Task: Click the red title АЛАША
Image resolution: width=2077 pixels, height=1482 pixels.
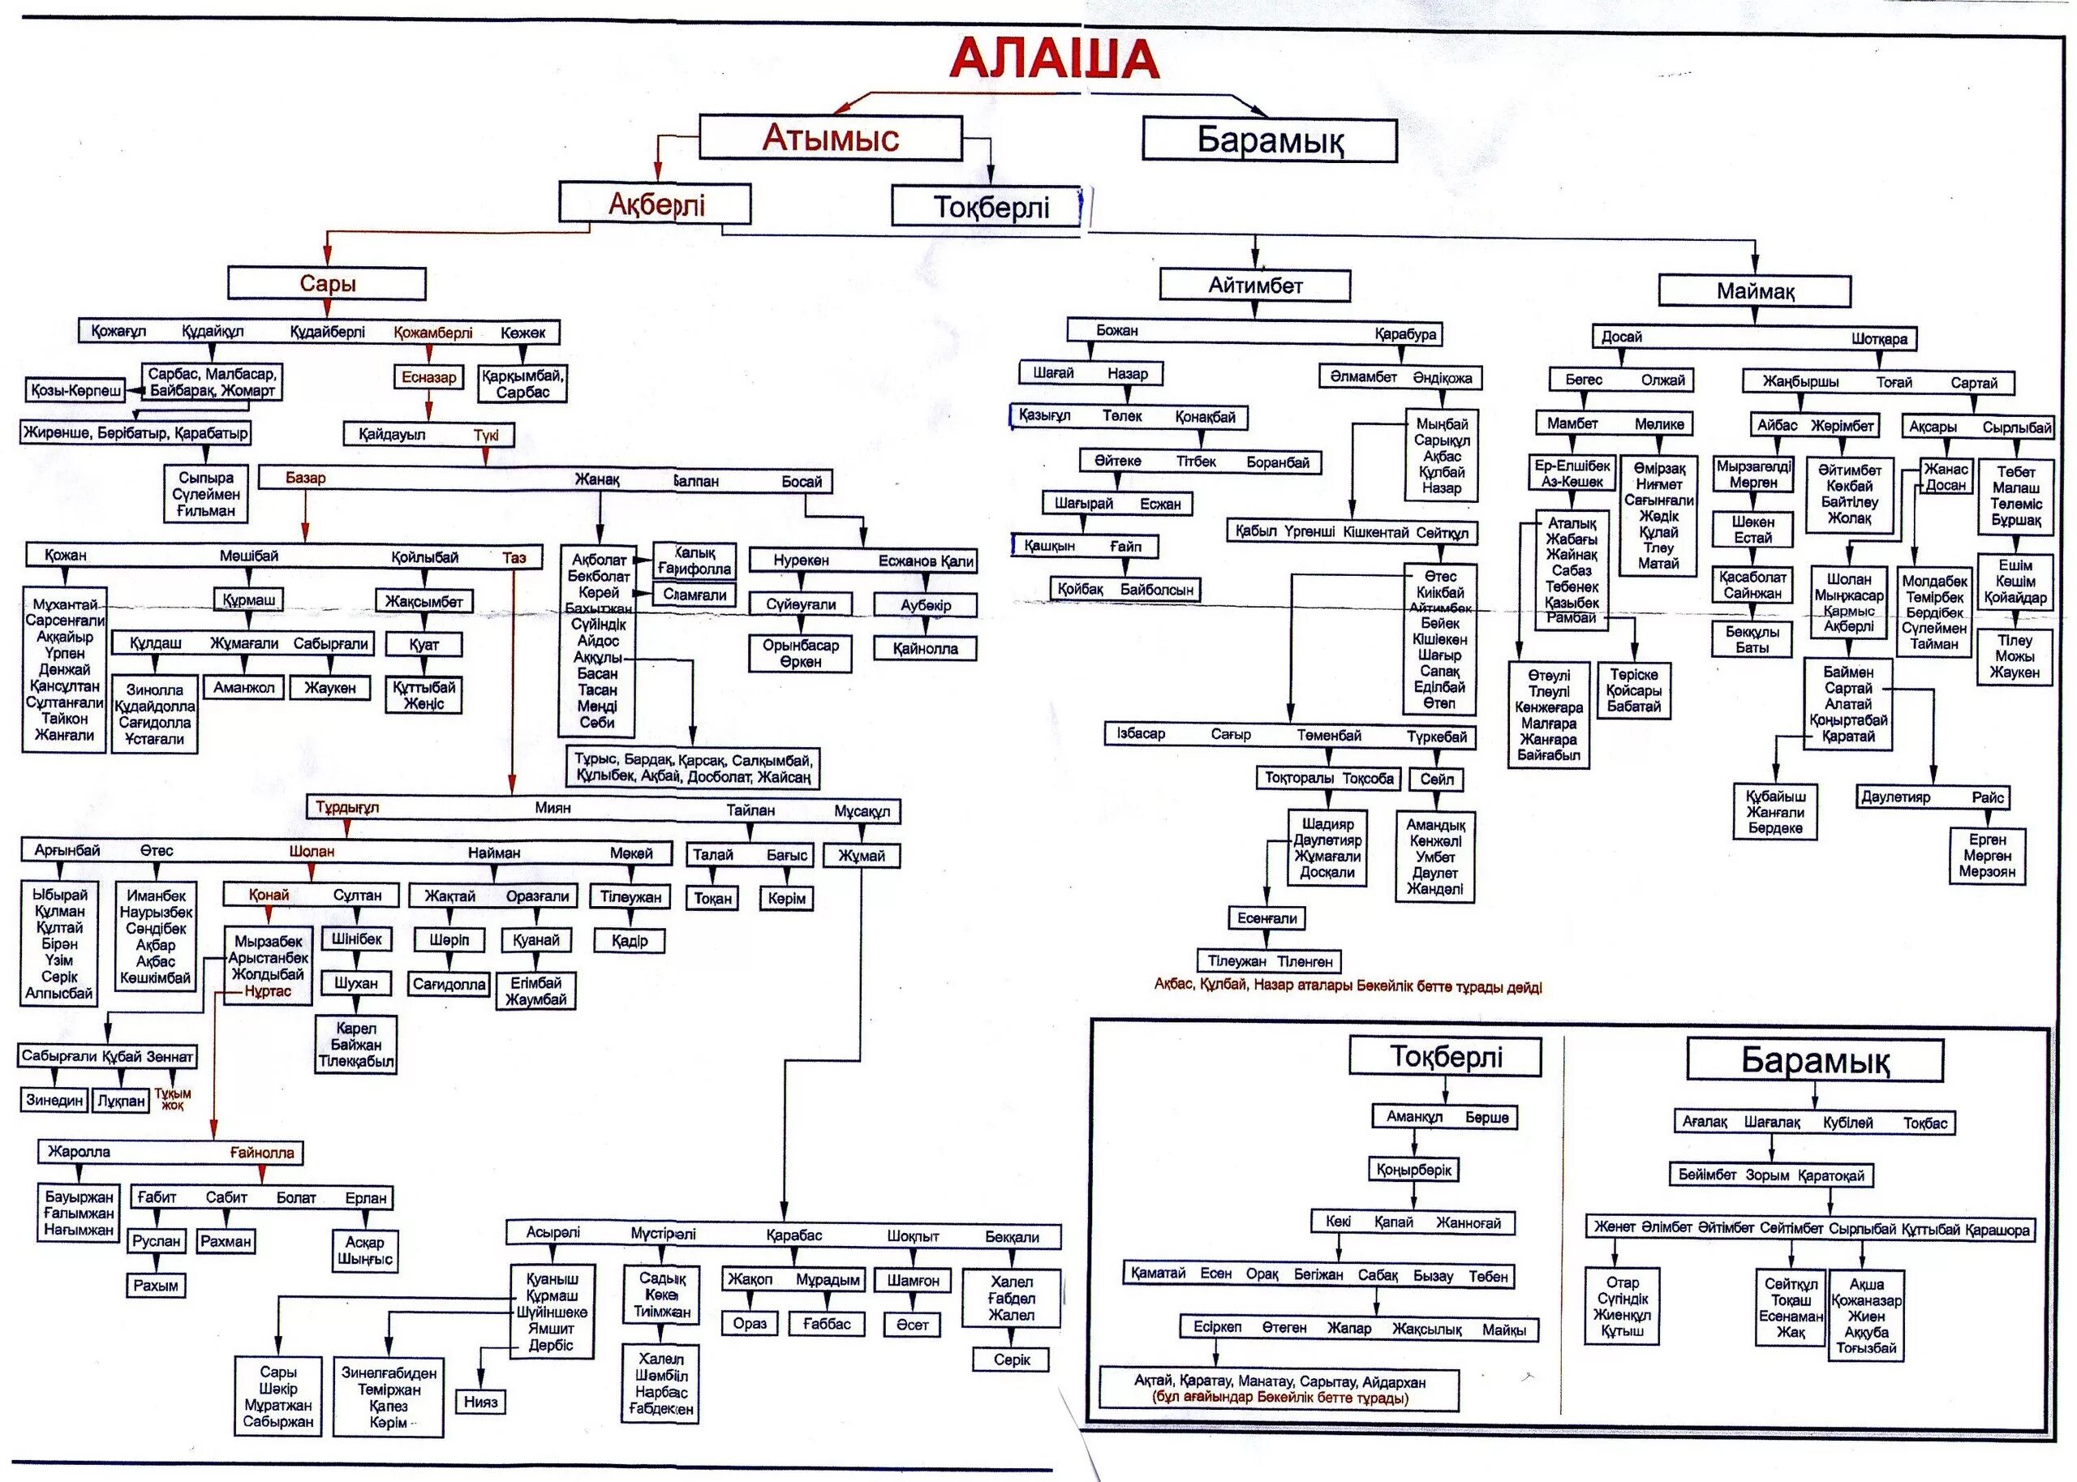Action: coord(1053,59)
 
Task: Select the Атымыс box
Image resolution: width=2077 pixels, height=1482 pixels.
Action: coord(831,138)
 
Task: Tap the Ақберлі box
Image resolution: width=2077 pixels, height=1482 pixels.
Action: coord(656,204)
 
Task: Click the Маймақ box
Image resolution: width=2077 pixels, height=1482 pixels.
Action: coord(1755,291)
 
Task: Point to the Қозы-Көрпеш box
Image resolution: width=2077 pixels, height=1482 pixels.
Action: coord(75,391)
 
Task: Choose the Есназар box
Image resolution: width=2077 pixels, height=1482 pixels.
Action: coord(429,377)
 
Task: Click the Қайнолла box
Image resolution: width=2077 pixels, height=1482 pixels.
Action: coord(926,649)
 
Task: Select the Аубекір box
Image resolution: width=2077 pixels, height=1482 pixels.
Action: coord(926,605)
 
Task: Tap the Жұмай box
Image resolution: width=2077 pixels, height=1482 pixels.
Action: coord(862,856)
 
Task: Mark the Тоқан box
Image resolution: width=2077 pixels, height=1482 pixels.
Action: coord(712,899)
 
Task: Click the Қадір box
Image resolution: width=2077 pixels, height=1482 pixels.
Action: coord(630,940)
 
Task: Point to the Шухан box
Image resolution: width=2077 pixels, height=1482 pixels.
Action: coord(356,984)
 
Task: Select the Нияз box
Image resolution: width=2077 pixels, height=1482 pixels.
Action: coord(480,1402)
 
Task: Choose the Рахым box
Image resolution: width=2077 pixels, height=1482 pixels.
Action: coord(156,1286)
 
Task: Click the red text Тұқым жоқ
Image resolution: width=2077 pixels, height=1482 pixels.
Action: coord(173,1100)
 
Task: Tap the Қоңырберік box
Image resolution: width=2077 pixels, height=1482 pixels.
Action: coord(1413,1170)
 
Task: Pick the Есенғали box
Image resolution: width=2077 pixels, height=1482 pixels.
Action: coord(1266,918)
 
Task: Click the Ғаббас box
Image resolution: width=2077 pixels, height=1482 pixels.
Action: coord(827,1324)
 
